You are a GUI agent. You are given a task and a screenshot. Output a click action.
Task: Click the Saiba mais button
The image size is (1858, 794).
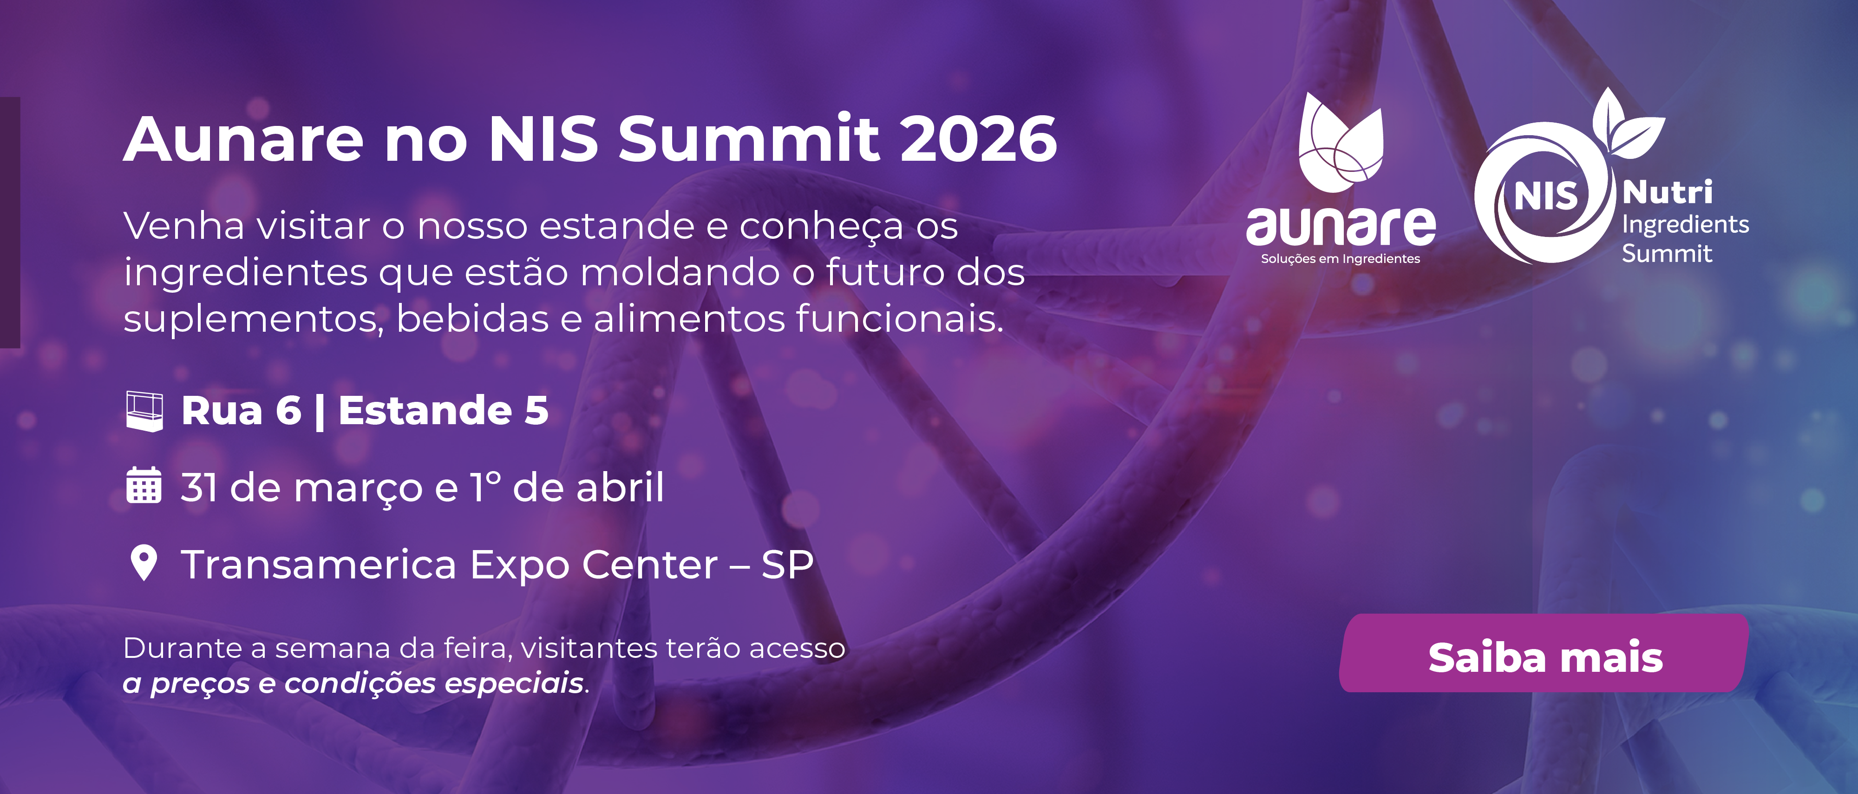[x=1544, y=655]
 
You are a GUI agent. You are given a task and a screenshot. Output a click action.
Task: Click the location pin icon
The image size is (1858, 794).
[x=144, y=563]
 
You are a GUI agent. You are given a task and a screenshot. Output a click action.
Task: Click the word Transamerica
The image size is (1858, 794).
[x=319, y=564]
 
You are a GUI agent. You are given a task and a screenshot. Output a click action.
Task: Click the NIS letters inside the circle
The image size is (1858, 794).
[x=1546, y=196]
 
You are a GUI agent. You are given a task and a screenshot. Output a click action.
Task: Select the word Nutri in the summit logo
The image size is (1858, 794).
[x=1667, y=192]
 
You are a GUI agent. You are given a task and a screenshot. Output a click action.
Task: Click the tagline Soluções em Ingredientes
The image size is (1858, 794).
[x=1340, y=259]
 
